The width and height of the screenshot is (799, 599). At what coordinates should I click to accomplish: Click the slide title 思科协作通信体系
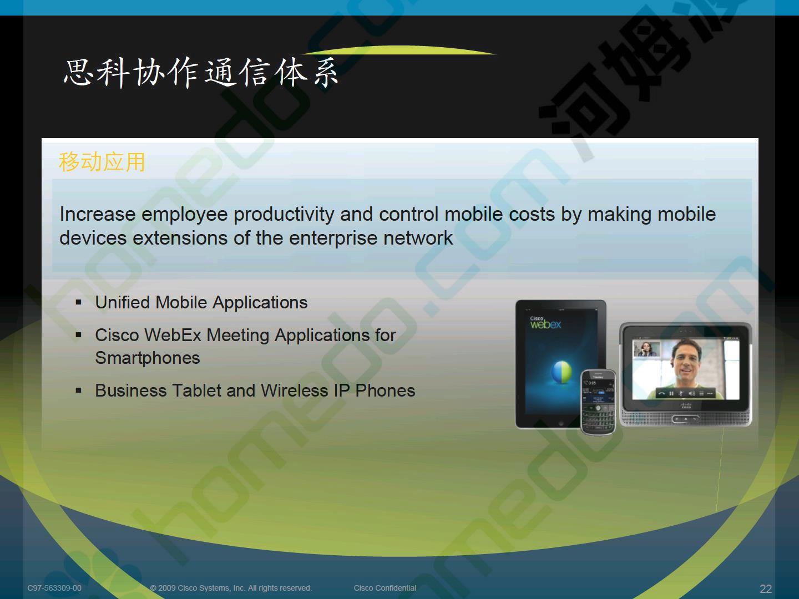click(201, 73)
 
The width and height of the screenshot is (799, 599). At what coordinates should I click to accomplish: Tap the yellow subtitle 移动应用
click(102, 162)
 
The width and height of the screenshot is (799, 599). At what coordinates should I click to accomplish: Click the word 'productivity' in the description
click(284, 215)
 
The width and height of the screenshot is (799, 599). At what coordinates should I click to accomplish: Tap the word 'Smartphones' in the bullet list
click(148, 358)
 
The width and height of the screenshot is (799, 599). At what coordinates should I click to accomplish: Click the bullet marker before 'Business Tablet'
click(78, 391)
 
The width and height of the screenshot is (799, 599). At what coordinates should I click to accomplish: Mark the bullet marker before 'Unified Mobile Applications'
click(78, 302)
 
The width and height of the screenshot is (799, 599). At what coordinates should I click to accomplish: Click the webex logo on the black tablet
click(545, 323)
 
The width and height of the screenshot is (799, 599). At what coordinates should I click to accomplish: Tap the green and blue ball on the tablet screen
click(562, 372)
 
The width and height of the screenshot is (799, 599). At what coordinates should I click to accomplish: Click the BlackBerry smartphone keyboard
click(598, 418)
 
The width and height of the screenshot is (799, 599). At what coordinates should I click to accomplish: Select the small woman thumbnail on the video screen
click(646, 349)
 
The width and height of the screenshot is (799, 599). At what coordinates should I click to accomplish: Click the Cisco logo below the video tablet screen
click(686, 405)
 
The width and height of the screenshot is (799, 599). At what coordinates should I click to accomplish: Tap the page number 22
click(766, 589)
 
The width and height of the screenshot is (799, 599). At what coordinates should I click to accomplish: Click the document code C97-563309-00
click(54, 588)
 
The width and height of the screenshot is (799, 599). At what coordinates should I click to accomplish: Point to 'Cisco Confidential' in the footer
click(385, 588)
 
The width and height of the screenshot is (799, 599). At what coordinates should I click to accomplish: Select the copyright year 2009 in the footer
click(167, 588)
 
